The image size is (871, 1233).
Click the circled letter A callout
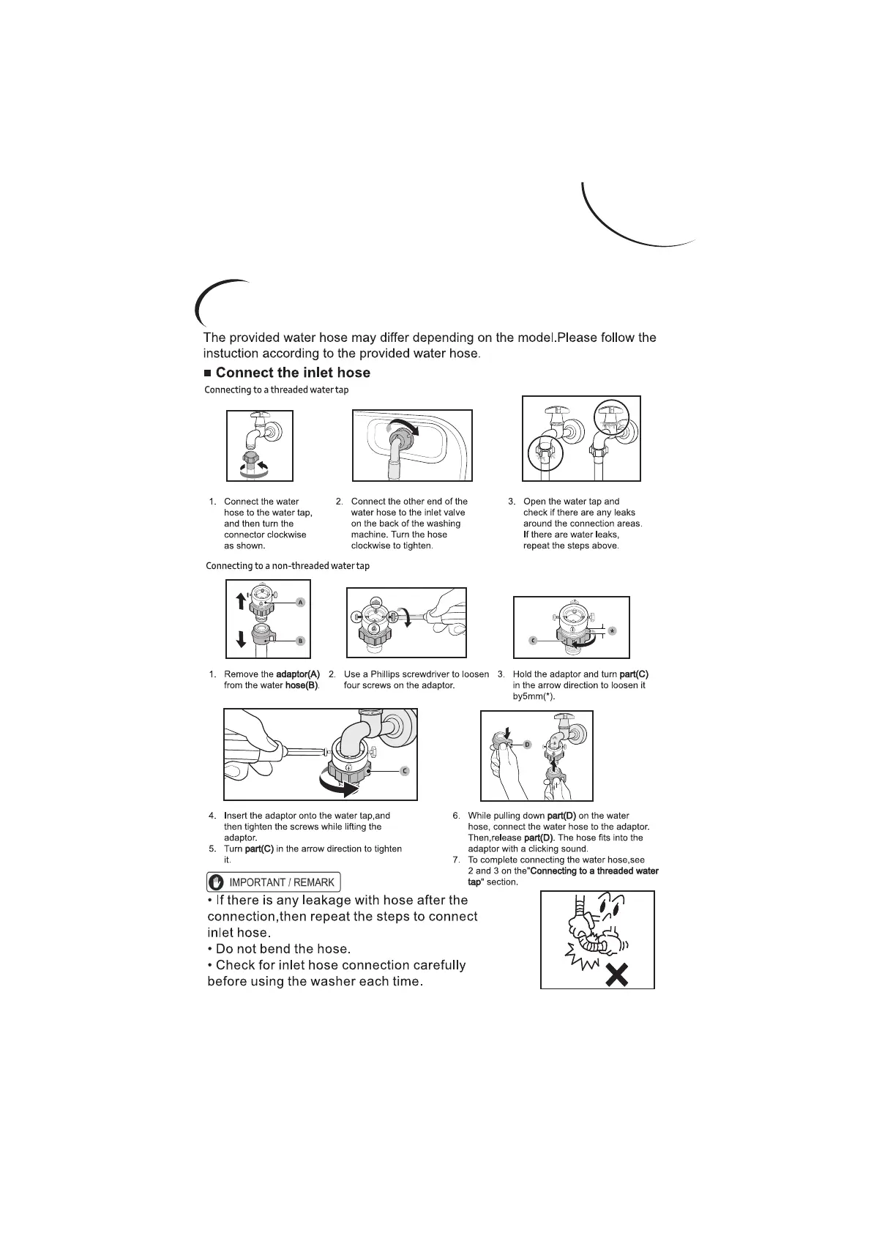pyautogui.click(x=300, y=602)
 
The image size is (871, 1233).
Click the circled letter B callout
pyautogui.click(x=300, y=641)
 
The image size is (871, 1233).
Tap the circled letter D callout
pyautogui.click(x=527, y=744)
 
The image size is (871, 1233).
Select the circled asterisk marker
pyautogui.click(x=613, y=630)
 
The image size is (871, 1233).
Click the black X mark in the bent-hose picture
pyautogui.click(x=617, y=975)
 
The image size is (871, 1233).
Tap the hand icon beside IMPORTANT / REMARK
pyautogui.click(x=217, y=882)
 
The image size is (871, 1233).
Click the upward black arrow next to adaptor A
pyautogui.click(x=241, y=601)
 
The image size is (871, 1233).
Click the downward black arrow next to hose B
pyautogui.click(x=241, y=638)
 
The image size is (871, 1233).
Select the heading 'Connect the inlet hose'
pyautogui.click(x=293, y=373)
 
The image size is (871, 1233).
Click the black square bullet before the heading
pyautogui.click(x=208, y=373)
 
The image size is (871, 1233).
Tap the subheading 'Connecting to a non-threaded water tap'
pyautogui.click(x=288, y=566)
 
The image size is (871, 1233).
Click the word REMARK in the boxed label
pyautogui.click(x=314, y=882)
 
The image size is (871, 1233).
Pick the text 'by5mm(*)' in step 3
pyautogui.click(x=534, y=696)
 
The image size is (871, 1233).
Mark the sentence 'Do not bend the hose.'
pyautogui.click(x=279, y=949)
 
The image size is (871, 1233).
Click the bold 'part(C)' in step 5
pyautogui.click(x=259, y=849)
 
